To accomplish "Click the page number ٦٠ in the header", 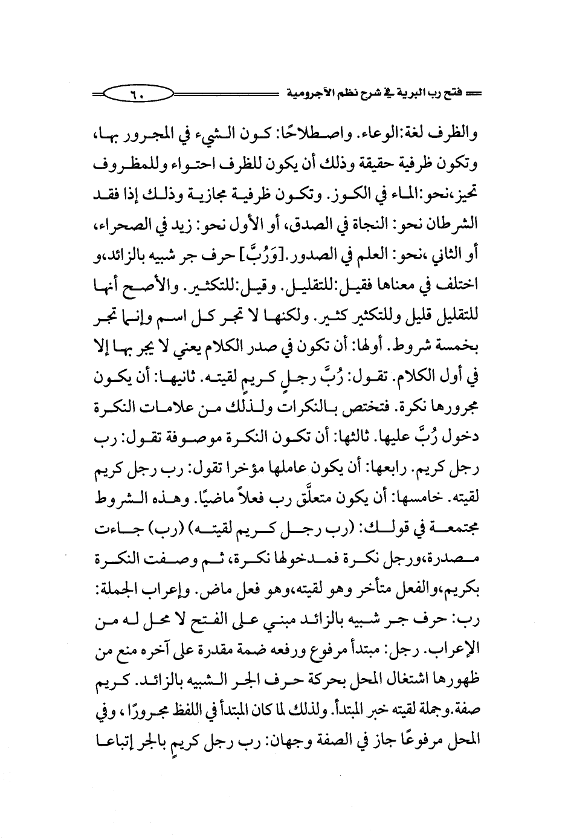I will [137, 95].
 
